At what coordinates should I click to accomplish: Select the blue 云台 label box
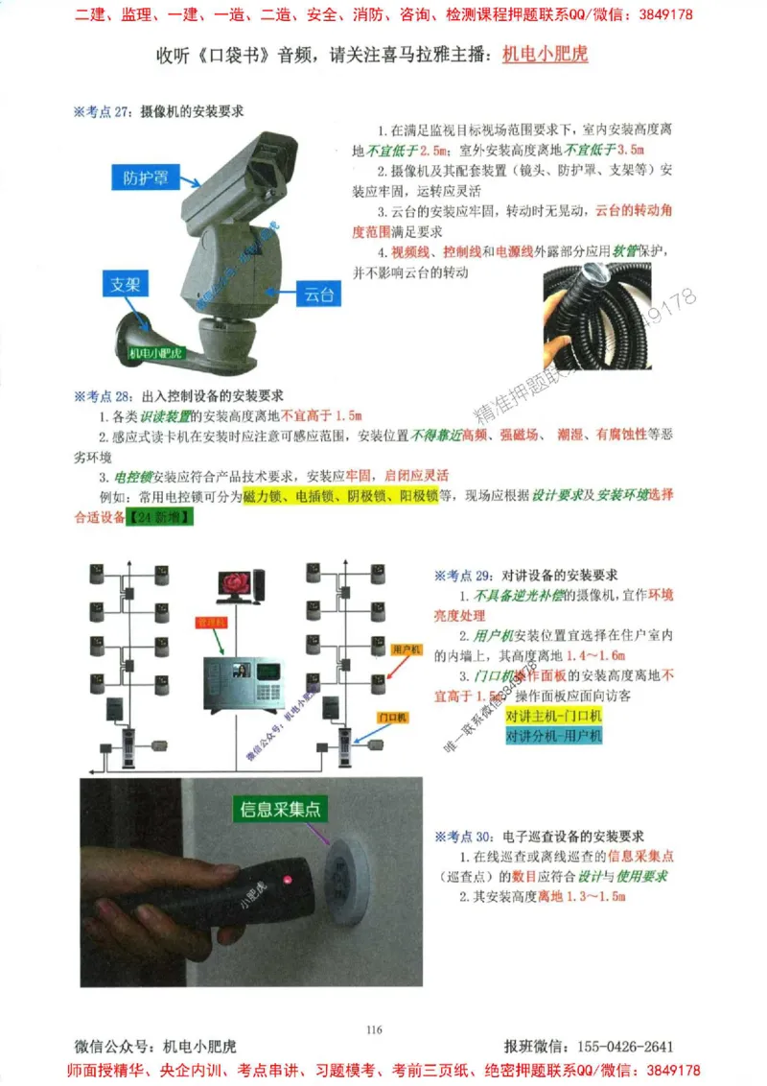316,295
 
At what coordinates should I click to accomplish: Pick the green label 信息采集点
283,809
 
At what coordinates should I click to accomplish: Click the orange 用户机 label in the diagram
407,650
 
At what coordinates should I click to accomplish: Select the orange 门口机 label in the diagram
393,717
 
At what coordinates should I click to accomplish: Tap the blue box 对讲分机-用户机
554,736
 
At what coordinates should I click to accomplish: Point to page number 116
374,1029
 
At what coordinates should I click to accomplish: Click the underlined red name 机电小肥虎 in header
545,54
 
